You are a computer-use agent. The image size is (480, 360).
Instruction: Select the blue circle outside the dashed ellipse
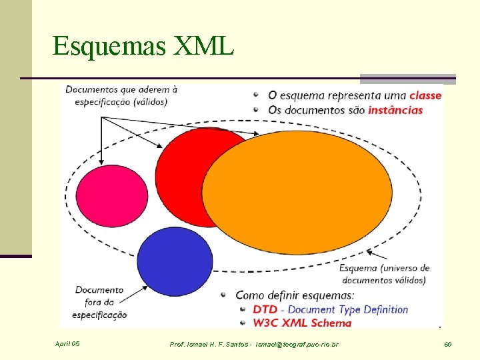point(175,261)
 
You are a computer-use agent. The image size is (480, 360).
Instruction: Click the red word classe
point(425,95)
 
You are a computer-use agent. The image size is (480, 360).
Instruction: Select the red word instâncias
point(395,110)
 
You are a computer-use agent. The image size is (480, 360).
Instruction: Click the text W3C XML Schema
point(301,323)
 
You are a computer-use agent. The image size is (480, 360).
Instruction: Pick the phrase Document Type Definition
point(348,309)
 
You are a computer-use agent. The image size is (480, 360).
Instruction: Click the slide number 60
point(447,344)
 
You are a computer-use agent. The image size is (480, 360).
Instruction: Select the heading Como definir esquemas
point(295,295)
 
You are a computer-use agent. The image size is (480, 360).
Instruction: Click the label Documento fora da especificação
point(100,302)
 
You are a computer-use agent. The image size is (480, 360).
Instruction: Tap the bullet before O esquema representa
point(257,95)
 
